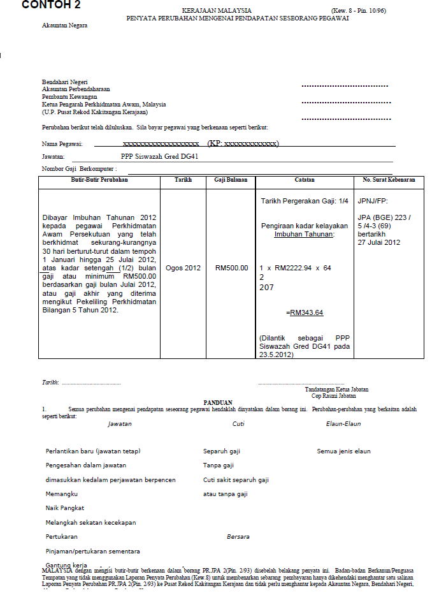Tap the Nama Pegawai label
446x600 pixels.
(62, 144)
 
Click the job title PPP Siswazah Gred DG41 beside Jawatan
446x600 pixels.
(159, 156)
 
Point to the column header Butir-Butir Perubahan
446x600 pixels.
(98, 180)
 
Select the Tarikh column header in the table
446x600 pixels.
(183, 180)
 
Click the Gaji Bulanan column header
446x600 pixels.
(231, 180)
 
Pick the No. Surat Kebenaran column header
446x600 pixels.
(389, 180)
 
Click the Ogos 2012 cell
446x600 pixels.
(183, 268)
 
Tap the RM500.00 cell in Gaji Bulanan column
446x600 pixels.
(231, 268)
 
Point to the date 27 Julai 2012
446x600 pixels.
(378, 242)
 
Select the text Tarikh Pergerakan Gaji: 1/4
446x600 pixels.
(305, 201)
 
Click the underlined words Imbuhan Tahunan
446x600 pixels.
(304, 234)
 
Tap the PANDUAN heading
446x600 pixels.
(218, 403)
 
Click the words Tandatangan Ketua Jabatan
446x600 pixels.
(336, 390)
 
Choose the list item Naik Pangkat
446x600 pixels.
(64, 508)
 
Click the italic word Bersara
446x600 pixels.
(238, 537)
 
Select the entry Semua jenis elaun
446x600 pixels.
(343, 451)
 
